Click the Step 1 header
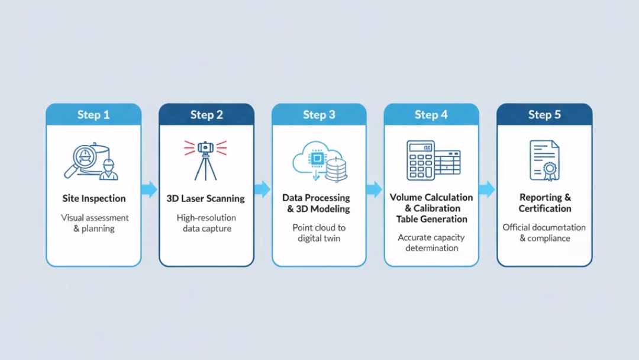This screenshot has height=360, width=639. pyautogui.click(x=93, y=114)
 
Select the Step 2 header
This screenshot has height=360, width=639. pyautogui.click(x=206, y=114)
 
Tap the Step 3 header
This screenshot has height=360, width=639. pyautogui.click(x=319, y=114)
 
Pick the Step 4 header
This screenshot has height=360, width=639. pyautogui.click(x=431, y=114)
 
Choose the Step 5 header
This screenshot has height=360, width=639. pyautogui.click(x=544, y=114)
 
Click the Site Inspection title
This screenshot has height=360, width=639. pyautogui.click(x=94, y=198)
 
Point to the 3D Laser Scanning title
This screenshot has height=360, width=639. pyautogui.click(x=206, y=198)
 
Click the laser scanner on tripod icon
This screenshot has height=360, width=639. pyautogui.click(x=206, y=159)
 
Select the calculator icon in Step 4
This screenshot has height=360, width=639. pyautogui.click(x=420, y=160)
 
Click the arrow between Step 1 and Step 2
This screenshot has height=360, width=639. pyautogui.click(x=150, y=189)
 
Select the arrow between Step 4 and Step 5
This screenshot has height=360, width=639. pyautogui.click(x=487, y=189)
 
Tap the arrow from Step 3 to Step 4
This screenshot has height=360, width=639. pyautogui.click(x=375, y=189)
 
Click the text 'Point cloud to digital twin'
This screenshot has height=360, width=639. pyautogui.click(x=319, y=233)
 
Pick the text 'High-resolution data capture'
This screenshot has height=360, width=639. pyautogui.click(x=206, y=223)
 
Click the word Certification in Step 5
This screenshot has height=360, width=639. pyautogui.click(x=545, y=208)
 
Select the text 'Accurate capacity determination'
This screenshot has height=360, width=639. pyautogui.click(x=431, y=243)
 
